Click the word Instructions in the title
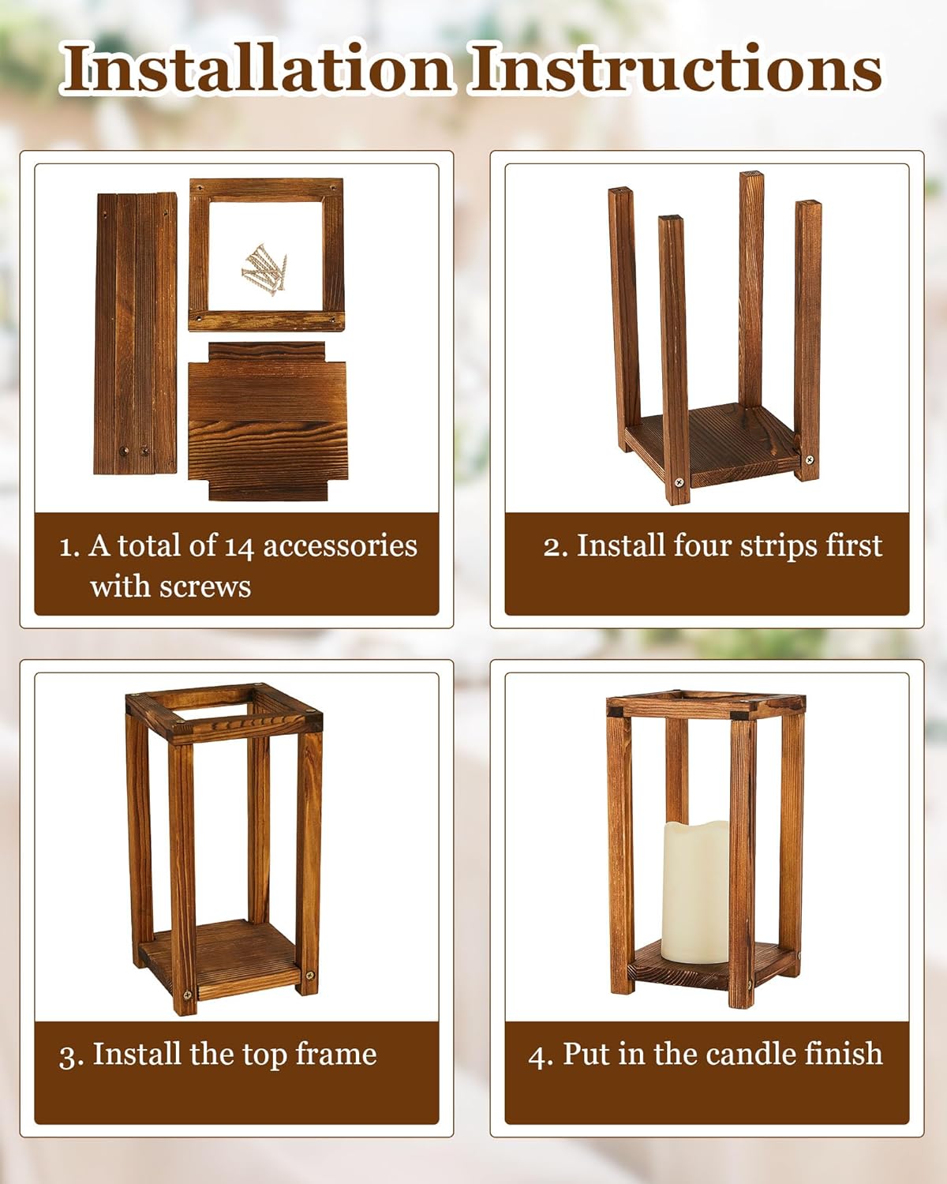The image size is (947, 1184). tap(676, 69)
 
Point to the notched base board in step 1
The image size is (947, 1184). tap(267, 421)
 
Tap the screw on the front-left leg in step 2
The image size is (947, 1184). tap(679, 481)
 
